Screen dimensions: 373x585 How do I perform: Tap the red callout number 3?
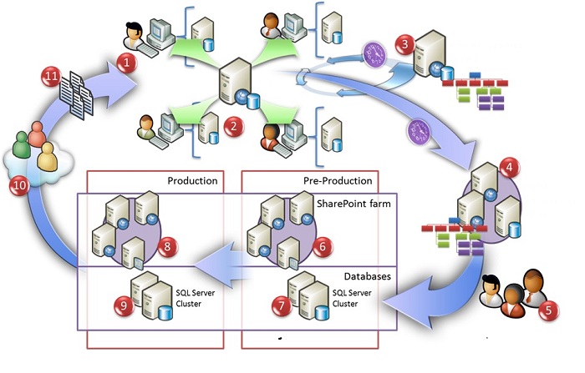[405, 43]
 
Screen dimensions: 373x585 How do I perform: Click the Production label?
[192, 180]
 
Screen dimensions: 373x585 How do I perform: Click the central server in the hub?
[235, 83]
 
